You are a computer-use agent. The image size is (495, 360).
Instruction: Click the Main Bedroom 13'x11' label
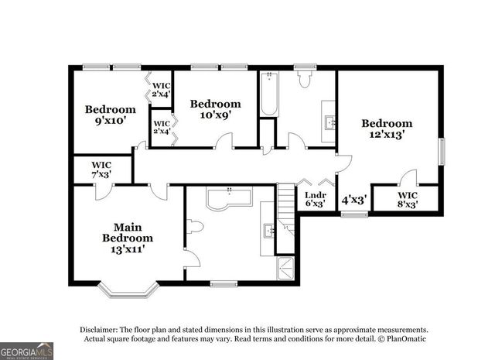128,238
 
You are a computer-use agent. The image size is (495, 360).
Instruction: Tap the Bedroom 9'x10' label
110,115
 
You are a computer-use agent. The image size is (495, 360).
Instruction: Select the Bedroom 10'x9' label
215,109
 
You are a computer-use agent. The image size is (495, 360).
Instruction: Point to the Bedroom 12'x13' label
387,129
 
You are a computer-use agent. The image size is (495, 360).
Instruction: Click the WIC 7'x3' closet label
101,170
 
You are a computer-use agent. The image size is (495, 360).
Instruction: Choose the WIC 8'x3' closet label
408,200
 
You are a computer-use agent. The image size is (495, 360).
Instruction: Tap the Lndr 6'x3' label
314,199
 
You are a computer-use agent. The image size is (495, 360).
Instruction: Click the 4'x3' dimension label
353,199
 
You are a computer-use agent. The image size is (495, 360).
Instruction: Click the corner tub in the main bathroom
229,200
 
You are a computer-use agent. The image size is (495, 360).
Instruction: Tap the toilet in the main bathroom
194,227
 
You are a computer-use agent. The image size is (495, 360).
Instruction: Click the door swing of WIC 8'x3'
410,177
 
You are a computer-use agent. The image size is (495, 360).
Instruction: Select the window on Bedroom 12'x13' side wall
442,151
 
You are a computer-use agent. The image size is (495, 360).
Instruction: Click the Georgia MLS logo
27,351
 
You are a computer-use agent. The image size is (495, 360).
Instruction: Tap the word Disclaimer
99,329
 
